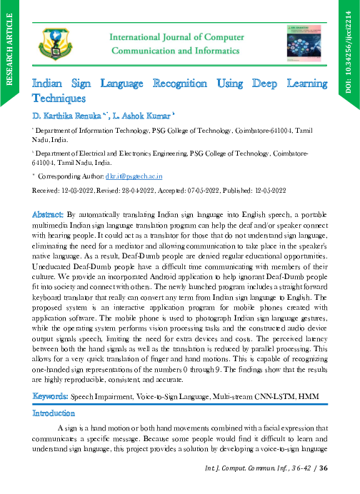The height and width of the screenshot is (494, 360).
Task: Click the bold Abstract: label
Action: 48,213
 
